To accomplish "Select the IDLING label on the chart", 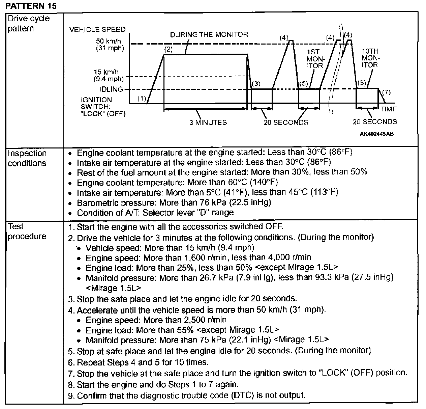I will pyautogui.click(x=111, y=89).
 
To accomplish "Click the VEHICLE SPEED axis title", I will pyautogui.click(x=97, y=29).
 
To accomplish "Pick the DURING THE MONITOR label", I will pyautogui.click(x=209, y=34).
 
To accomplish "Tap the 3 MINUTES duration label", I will pyautogui.click(x=208, y=122).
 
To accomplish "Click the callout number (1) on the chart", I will pyautogui.click(x=142, y=98).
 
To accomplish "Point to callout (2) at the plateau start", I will pyautogui.click(x=168, y=50).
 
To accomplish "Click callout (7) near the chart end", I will pyautogui.click(x=386, y=92).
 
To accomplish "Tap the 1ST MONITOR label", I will pyautogui.click(x=315, y=59).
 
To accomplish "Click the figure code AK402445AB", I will pyautogui.click(x=376, y=134).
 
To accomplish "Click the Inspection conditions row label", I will pyautogui.click(x=27, y=158).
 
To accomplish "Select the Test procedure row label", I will pyautogui.click(x=27, y=231).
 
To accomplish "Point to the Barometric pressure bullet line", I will pyautogui.click(x=174, y=203).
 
